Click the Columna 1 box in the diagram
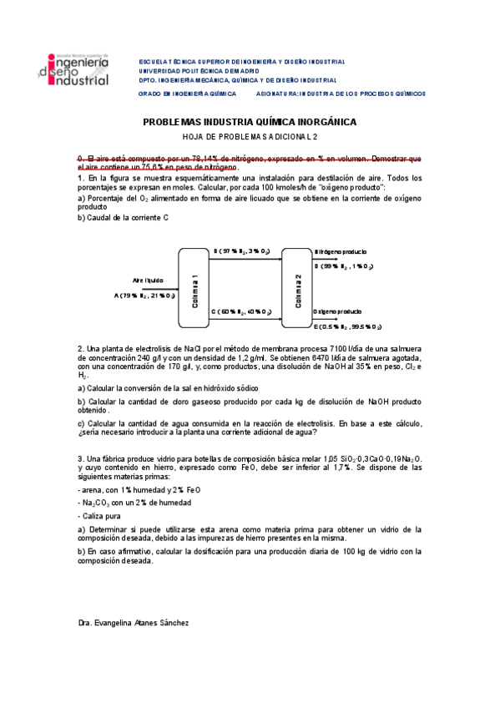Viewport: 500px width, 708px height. tap(194, 288)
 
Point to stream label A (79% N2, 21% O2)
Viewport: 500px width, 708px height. tap(144, 295)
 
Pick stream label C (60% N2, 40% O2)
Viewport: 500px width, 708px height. tap(241, 311)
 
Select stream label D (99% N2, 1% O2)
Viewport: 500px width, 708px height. tap(343, 265)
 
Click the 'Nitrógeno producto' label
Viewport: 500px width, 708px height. tap(340, 250)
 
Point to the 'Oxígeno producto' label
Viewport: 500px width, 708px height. tap(337, 311)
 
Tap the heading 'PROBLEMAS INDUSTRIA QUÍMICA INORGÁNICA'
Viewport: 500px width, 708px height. tap(250, 122)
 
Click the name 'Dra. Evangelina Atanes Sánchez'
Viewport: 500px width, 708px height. tap(133, 623)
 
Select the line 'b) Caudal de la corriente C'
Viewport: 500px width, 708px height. tap(124, 217)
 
